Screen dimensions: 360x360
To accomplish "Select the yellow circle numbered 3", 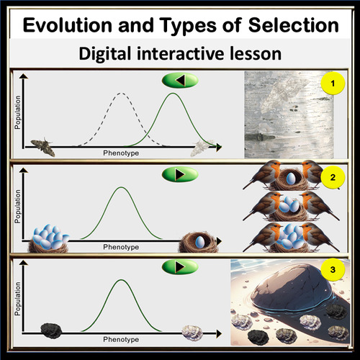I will click(x=333, y=271).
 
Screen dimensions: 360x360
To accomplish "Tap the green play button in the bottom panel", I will click(x=179, y=267).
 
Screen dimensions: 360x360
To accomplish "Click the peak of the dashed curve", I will click(x=121, y=93).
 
